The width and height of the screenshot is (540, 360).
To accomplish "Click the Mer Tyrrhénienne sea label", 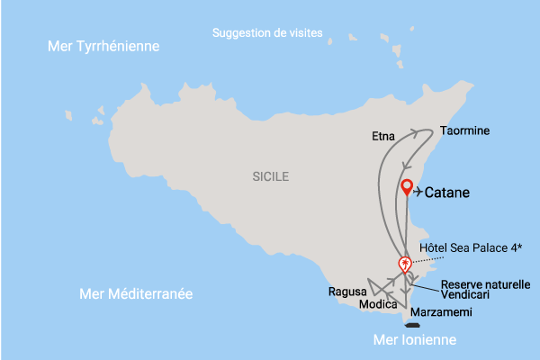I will [x=103, y=46].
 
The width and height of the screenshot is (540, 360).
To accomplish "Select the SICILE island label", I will [x=271, y=177].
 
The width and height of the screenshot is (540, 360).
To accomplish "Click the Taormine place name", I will [x=464, y=130].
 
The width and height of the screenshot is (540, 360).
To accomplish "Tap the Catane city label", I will [x=447, y=192].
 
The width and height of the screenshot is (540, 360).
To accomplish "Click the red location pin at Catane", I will [x=407, y=187].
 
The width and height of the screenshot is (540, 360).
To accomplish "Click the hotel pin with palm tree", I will [x=405, y=264].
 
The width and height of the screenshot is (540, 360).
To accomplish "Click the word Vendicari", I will [x=466, y=295].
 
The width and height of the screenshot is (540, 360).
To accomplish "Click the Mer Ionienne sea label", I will [x=415, y=340].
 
